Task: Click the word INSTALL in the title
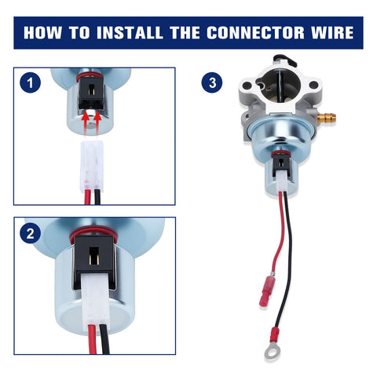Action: click(x=130, y=33)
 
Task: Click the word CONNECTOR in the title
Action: click(x=255, y=33)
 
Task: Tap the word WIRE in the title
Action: click(x=332, y=33)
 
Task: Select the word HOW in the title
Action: click(x=43, y=33)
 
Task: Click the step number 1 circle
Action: click(x=30, y=82)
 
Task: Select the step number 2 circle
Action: click(x=30, y=232)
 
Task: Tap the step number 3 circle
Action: click(x=212, y=82)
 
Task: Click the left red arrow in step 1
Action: click(x=86, y=123)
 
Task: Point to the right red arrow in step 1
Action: click(x=97, y=123)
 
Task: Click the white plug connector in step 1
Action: click(x=91, y=167)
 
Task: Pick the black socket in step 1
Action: click(x=91, y=93)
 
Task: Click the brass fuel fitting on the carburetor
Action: click(x=328, y=118)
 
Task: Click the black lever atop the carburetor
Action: click(x=285, y=60)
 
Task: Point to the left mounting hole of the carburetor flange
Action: click(x=247, y=86)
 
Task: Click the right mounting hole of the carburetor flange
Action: click(x=313, y=85)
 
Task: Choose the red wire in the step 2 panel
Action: click(x=93, y=339)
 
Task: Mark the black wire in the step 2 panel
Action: click(x=105, y=339)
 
